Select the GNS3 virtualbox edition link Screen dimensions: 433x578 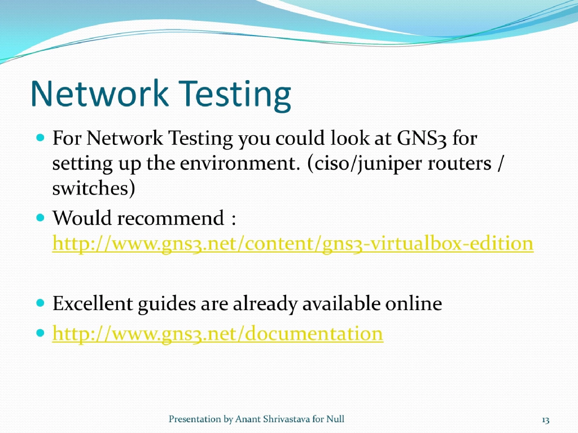pos(292,244)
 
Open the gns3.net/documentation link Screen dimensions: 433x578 pos(218,334)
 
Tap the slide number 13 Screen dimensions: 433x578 pos(545,419)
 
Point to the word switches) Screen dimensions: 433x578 pos(93,189)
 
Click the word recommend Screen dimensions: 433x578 pos(180,218)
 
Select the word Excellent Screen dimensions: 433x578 pos(92,304)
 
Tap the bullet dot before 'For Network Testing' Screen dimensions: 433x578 pos(40,137)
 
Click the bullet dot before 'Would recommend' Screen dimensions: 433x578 pos(40,217)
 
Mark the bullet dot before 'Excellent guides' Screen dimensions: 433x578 pos(40,303)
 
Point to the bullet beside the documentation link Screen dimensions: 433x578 pos(40,333)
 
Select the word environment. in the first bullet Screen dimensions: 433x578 pos(244,164)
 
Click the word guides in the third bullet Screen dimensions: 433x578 pos(166,304)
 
